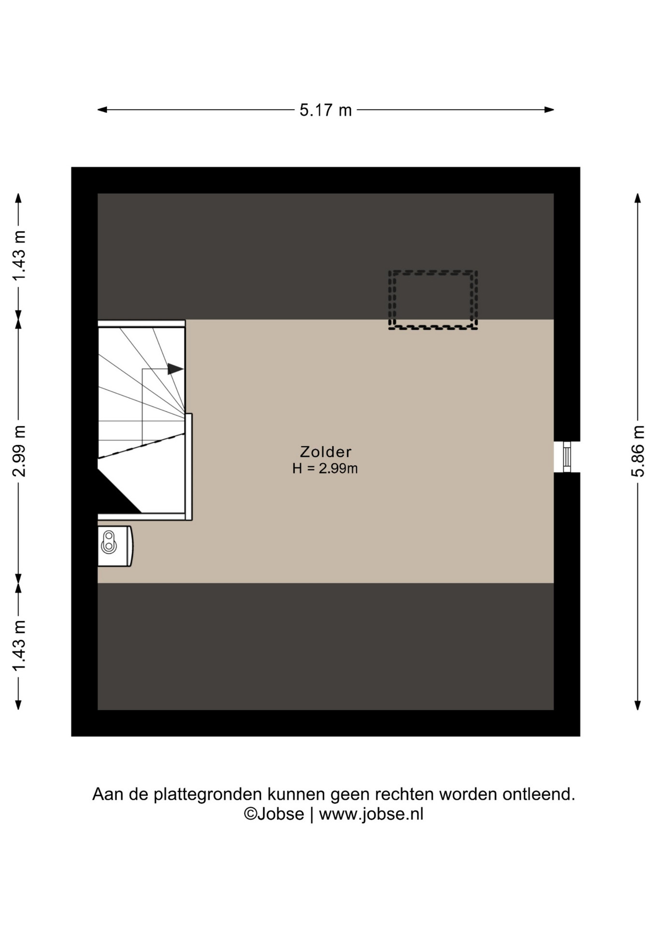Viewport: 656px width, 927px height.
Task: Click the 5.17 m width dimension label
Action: click(325, 110)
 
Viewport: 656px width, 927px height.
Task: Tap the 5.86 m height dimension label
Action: click(638, 451)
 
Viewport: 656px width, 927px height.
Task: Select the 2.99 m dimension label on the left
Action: click(19, 451)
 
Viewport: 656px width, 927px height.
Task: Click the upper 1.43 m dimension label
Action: click(19, 256)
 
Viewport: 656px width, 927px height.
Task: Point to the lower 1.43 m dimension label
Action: click(19, 646)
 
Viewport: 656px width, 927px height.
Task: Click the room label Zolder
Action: click(326, 451)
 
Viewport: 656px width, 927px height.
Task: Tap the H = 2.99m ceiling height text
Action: click(325, 468)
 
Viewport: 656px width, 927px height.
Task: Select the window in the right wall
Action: click(567, 456)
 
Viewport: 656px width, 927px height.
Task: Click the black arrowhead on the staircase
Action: click(175, 369)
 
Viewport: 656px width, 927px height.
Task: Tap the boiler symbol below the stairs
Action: click(115, 546)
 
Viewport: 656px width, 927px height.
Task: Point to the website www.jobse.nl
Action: click(371, 814)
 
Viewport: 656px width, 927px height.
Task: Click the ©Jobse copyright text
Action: click(274, 814)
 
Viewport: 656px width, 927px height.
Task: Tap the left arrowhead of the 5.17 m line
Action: click(102, 110)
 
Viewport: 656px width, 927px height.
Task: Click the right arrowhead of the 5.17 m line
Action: click(549, 110)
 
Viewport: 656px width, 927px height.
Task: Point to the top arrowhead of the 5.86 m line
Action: click(638, 198)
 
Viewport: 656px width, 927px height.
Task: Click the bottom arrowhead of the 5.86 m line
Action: click(638, 705)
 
